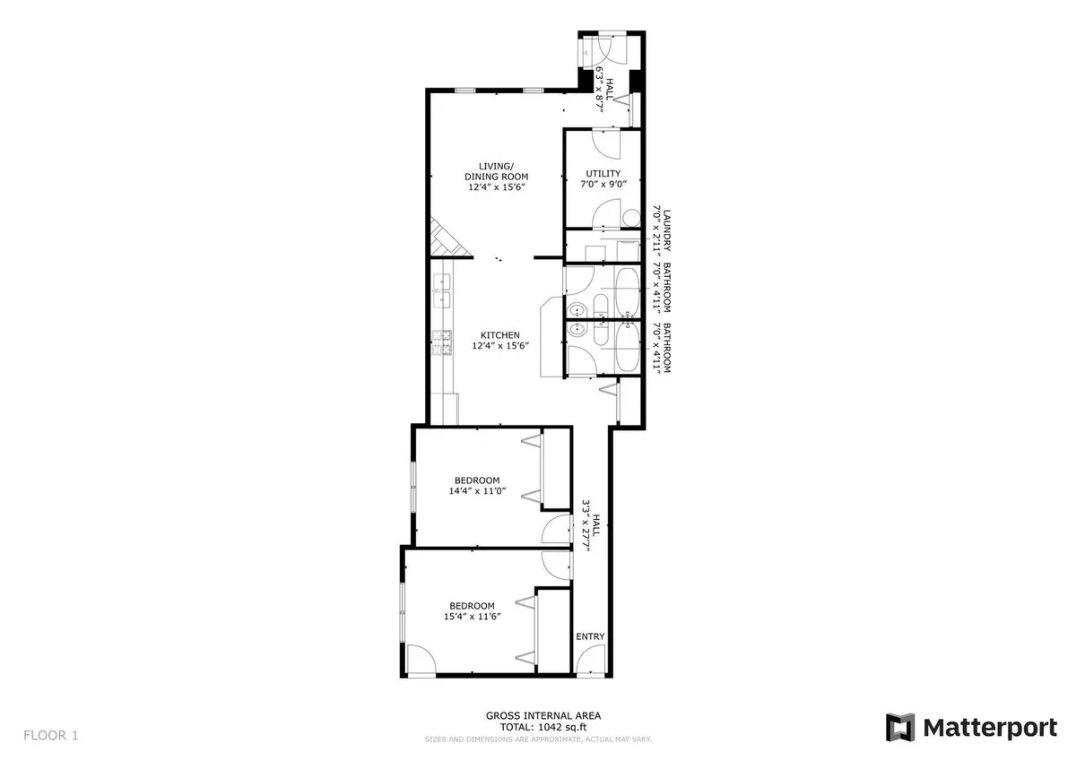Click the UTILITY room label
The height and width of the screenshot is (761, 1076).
[x=603, y=173]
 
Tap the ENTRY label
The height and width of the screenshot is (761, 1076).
[x=590, y=636]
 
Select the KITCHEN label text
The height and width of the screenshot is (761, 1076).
[x=500, y=335]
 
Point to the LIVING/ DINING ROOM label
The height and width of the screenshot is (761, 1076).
[x=496, y=171]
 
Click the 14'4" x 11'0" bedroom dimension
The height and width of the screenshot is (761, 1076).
[x=477, y=490]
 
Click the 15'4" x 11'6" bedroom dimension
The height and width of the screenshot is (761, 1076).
[x=473, y=617]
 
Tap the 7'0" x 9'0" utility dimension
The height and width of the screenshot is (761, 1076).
[x=603, y=184]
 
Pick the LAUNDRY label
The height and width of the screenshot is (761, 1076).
[x=667, y=230]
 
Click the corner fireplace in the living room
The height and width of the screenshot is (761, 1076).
[x=447, y=239]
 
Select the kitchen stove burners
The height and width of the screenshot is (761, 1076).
[x=442, y=342]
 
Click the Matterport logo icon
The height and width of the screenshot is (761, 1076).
[x=900, y=728]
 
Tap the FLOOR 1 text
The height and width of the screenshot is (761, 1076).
[x=50, y=736]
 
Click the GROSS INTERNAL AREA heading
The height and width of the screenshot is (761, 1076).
[x=543, y=716]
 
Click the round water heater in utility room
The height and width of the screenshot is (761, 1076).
[x=631, y=219]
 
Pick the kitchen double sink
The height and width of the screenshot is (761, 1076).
[x=442, y=290]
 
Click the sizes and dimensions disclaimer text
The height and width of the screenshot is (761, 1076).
[x=538, y=739]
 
